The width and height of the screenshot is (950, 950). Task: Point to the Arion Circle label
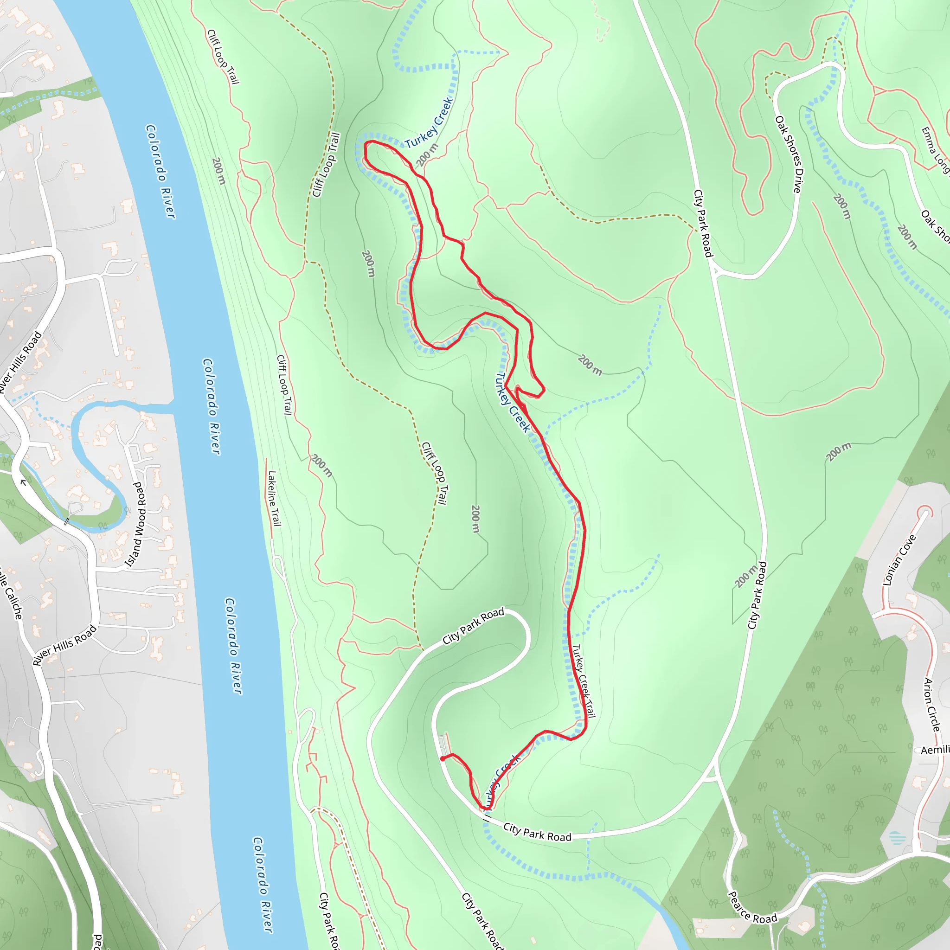[x=932, y=704]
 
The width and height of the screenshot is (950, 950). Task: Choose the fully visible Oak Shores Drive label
[x=788, y=154]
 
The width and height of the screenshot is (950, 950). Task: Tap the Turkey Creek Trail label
[x=584, y=680]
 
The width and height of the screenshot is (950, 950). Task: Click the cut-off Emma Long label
[x=934, y=150]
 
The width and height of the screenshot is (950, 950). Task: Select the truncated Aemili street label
[x=935, y=750]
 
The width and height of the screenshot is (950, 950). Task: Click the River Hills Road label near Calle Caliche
[x=65, y=645]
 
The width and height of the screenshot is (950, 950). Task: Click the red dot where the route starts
[x=443, y=759]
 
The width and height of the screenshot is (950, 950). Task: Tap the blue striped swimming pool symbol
[x=896, y=837]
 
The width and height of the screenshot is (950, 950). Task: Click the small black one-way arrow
[x=23, y=482]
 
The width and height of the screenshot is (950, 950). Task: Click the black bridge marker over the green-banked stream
[x=66, y=522]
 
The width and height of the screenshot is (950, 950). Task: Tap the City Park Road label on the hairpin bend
[x=473, y=626]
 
